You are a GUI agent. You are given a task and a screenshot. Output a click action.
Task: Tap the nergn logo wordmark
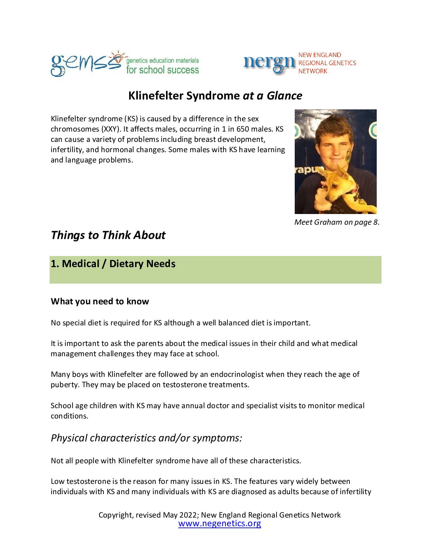pyautogui.click(x=269, y=63)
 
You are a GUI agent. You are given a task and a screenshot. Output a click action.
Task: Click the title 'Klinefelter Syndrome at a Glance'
pyautogui.click(x=215, y=96)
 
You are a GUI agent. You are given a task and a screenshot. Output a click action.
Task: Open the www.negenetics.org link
pyautogui.click(x=219, y=524)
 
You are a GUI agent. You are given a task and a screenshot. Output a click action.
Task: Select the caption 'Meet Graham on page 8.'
pyautogui.click(x=337, y=222)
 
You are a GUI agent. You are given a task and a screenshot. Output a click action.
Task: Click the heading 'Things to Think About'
pyautogui.click(x=108, y=235)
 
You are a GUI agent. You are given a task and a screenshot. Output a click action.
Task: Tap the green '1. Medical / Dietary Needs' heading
pyautogui.click(x=113, y=264)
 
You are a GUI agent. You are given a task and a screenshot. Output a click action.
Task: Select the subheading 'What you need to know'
pyautogui.click(x=100, y=302)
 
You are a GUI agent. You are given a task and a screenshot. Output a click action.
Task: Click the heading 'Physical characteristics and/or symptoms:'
pyautogui.click(x=146, y=438)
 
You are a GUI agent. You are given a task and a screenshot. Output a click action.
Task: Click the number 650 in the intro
pyautogui.click(x=242, y=129)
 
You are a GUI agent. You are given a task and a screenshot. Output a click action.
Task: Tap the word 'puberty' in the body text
pyautogui.click(x=64, y=385)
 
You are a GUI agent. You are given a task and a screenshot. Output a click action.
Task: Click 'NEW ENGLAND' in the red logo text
pyautogui.click(x=320, y=55)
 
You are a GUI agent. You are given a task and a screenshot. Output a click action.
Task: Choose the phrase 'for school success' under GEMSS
pyautogui.click(x=162, y=70)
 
